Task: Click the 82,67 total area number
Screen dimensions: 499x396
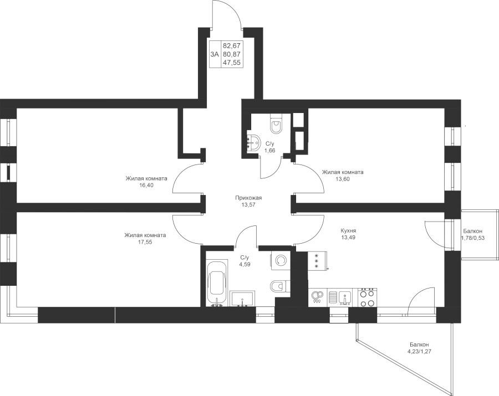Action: (232, 45)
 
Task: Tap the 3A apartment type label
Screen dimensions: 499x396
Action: (215, 54)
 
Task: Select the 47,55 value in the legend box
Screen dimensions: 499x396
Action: (232, 63)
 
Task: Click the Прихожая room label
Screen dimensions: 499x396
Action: (248, 198)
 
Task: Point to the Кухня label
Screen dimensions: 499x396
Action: (348, 231)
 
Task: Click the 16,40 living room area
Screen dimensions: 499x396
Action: (146, 185)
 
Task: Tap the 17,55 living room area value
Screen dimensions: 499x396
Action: (145, 242)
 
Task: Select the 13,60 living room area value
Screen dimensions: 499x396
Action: (343, 178)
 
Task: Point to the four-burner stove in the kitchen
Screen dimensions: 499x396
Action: (368, 298)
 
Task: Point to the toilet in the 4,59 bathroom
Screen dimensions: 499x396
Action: (279, 286)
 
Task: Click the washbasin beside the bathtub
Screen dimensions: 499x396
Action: (242, 298)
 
